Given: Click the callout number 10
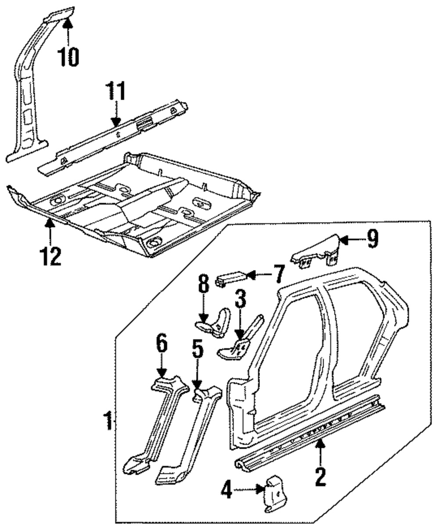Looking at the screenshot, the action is click(x=68, y=56).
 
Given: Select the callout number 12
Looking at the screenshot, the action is click(x=50, y=256).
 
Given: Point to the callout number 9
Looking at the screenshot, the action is click(x=373, y=239).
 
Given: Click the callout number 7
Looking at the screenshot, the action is click(x=278, y=274).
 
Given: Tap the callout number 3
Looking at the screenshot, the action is click(x=240, y=299).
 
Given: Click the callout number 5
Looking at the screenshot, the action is click(x=197, y=349).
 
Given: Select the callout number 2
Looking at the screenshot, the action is click(x=320, y=476).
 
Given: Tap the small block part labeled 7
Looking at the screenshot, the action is click(x=231, y=278).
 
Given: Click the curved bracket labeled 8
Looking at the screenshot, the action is click(x=214, y=322).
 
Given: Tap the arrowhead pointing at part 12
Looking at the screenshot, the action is click(x=50, y=223).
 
